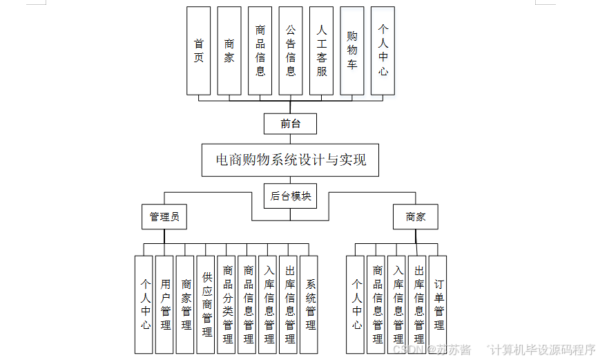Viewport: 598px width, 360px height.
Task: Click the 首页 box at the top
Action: pyautogui.click(x=199, y=51)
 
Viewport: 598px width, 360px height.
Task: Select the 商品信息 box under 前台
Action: pyautogui.click(x=260, y=51)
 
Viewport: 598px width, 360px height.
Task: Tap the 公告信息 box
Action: pyautogui.click(x=291, y=51)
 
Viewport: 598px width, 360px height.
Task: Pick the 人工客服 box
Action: pyautogui.click(x=321, y=51)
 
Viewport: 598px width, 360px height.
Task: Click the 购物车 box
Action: pyautogui.click(x=352, y=51)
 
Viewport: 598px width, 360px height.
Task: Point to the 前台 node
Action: pyautogui.click(x=290, y=124)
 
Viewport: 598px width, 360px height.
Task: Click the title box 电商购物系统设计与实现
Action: pyautogui.click(x=291, y=160)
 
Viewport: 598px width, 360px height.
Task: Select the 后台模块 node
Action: pyautogui.click(x=291, y=196)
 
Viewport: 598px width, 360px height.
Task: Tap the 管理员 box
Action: pyautogui.click(x=164, y=217)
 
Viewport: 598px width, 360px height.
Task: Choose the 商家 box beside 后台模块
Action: pyautogui.click(x=416, y=217)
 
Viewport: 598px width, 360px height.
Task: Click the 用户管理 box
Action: pyautogui.click(x=164, y=304)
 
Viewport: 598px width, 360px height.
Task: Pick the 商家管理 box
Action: pyautogui.click(x=185, y=304)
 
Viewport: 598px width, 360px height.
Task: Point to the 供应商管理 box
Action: pyautogui.click(x=206, y=304)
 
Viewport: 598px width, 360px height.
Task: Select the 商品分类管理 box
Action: pyautogui.click(x=226, y=304)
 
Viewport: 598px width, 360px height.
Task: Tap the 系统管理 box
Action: pyautogui.click(x=309, y=304)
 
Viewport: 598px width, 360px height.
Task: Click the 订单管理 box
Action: pyautogui.click(x=438, y=304)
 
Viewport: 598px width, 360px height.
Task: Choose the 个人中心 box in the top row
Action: pyautogui.click(x=383, y=51)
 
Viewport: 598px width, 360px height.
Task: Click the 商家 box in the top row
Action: pyautogui.click(x=229, y=51)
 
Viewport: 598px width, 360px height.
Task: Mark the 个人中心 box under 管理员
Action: pyautogui.click(x=144, y=304)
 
